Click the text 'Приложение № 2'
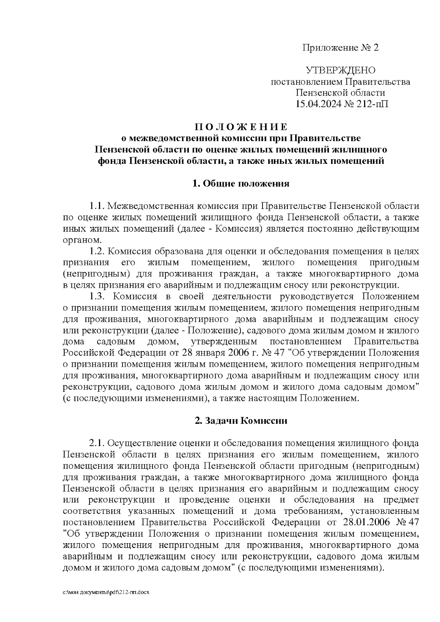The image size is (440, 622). coord(340,48)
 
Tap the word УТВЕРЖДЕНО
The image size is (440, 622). coord(341,70)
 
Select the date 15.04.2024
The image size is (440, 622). coord(319,104)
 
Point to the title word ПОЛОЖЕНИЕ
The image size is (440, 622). coord(241,127)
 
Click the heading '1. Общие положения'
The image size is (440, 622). coord(241,184)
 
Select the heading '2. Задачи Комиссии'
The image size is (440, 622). coord(241,420)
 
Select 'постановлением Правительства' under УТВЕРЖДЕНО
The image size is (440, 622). coord(340,82)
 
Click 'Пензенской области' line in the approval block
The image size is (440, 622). coord(341,93)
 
